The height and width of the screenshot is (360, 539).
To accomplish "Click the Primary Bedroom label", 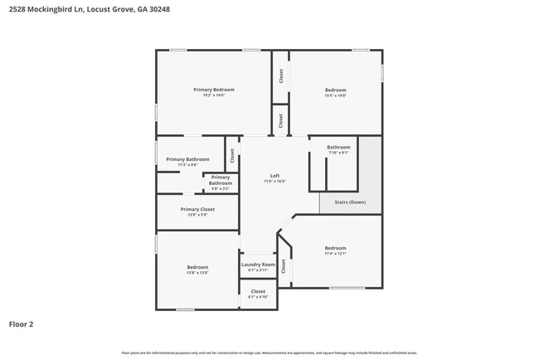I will click(x=214, y=90).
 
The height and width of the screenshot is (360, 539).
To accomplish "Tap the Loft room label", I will click(x=274, y=175).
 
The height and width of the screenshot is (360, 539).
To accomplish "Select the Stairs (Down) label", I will click(x=351, y=202).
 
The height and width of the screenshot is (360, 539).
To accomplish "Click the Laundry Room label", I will click(x=258, y=265).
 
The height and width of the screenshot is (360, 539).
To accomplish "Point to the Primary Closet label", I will click(x=197, y=209).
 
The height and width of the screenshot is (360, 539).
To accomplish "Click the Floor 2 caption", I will click(x=21, y=324).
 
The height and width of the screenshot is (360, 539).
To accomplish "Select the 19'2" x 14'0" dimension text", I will click(x=214, y=95).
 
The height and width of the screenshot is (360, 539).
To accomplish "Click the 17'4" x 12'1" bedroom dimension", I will click(x=335, y=254).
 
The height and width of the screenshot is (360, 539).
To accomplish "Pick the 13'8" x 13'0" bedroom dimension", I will click(x=197, y=273).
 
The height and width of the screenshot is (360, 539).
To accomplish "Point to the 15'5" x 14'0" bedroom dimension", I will click(x=335, y=95).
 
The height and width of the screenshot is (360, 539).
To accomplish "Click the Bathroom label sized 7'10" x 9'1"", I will click(x=338, y=147).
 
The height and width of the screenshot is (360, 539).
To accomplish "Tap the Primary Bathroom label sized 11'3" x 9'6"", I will click(x=187, y=159).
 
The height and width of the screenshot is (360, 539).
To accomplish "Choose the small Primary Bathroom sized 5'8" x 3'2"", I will click(x=221, y=180).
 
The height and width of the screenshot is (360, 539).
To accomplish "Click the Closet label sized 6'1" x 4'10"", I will click(x=258, y=291).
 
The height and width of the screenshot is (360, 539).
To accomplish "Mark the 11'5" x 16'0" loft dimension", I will click(x=274, y=181).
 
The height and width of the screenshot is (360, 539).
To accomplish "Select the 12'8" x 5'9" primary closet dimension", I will click(x=197, y=215).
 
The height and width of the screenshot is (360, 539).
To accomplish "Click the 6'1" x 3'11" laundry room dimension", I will click(x=258, y=270).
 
